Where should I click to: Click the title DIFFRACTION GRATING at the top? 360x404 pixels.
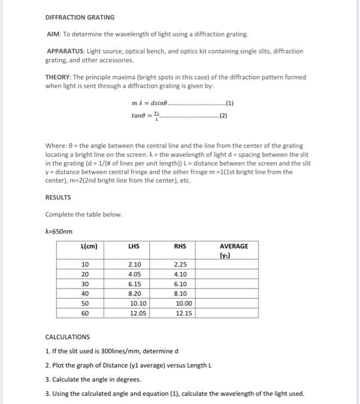click(80, 17)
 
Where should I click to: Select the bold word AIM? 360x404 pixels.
click(54, 35)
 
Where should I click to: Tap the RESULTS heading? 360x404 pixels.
click(58, 197)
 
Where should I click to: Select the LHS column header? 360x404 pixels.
click(135, 246)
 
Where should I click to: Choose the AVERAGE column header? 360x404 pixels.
click(234, 246)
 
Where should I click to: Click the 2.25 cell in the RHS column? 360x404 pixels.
click(180, 265)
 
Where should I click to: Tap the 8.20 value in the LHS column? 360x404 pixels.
click(135, 294)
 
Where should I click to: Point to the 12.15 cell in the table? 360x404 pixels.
click(184, 313)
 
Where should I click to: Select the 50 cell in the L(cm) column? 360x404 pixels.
click(85, 304)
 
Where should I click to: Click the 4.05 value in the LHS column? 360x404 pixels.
click(135, 275)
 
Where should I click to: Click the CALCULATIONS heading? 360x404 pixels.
click(68, 337)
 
